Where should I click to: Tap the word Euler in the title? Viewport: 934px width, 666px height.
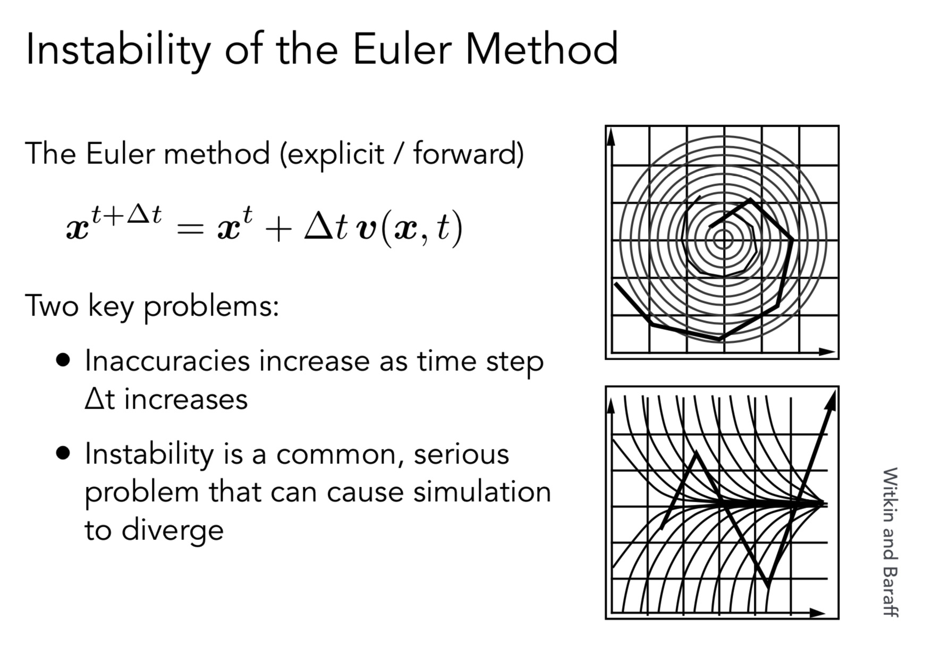[x=402, y=49]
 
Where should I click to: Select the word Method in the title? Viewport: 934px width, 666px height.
[x=542, y=49]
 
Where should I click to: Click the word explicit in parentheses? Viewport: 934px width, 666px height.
[x=333, y=155]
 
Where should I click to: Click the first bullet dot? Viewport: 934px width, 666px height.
[x=63, y=360]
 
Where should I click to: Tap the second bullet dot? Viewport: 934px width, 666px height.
[x=63, y=453]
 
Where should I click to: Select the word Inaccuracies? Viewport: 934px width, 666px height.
[x=167, y=361]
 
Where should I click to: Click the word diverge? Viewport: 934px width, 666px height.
[x=173, y=530]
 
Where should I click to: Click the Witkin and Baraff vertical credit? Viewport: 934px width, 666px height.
[x=890, y=543]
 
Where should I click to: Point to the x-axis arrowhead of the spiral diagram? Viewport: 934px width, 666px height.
[x=827, y=352]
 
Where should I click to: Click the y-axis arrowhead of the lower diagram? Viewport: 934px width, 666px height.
[x=611, y=405]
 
